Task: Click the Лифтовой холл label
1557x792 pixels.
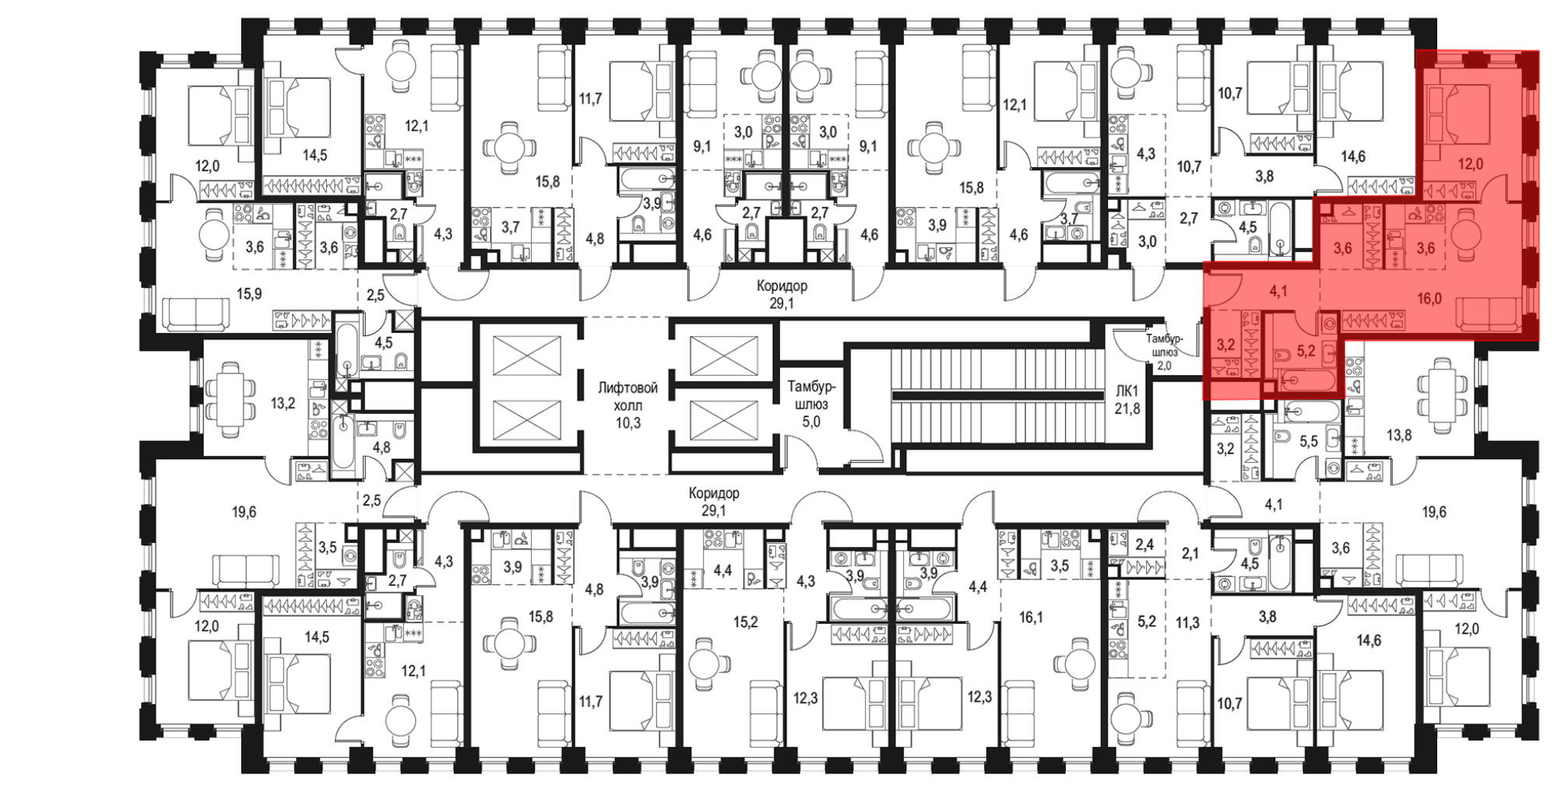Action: [x=627, y=396]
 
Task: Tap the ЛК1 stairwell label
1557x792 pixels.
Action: [x=1126, y=391]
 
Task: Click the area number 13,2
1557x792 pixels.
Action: [x=283, y=403]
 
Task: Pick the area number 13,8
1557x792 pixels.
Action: [x=1399, y=435]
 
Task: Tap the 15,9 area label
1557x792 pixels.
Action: [x=249, y=294]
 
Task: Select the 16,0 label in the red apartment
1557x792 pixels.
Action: [x=1429, y=298]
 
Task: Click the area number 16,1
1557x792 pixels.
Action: [x=1031, y=617]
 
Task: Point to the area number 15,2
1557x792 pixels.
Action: [x=745, y=622]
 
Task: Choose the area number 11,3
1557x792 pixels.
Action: [x=1188, y=622]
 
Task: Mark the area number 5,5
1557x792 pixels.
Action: [x=1309, y=441]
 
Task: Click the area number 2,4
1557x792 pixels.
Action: [x=1144, y=545]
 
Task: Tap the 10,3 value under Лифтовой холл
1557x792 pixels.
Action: [x=627, y=423]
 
